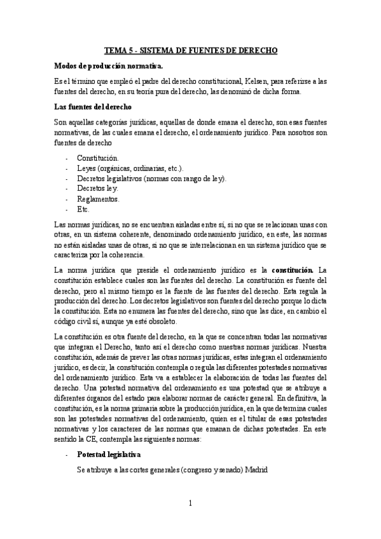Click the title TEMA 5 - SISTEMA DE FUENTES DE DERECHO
191,50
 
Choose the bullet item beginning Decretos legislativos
151,178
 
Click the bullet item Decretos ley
97,188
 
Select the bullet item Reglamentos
99,198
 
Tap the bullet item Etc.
83,208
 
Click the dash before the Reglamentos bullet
67,198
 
